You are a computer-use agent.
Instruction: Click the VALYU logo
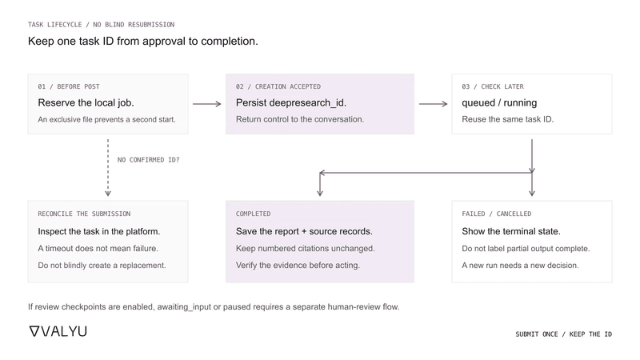click(58, 331)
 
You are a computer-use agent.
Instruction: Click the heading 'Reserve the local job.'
click(86, 103)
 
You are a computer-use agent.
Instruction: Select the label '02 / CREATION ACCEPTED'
click(278, 86)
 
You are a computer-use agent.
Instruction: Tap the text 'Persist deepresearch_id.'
click(291, 103)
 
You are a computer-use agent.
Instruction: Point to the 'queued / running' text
click(499, 103)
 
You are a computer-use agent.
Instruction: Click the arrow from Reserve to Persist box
click(207, 104)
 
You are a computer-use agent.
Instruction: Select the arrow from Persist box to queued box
click(433, 104)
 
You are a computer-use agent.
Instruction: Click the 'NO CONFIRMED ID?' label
click(148, 159)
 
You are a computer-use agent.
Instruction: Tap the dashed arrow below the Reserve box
click(108, 168)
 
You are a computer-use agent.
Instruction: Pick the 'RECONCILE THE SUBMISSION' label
click(84, 214)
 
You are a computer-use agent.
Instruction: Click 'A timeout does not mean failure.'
click(98, 248)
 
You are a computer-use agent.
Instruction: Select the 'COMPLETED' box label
click(253, 214)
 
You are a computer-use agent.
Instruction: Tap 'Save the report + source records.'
click(304, 231)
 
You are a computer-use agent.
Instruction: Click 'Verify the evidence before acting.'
click(298, 266)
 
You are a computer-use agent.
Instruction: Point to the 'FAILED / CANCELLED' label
click(496, 214)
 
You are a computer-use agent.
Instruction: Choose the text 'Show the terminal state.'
click(511, 231)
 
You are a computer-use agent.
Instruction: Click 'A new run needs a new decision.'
click(520, 266)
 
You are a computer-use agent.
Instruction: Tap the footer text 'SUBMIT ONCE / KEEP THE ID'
click(564, 334)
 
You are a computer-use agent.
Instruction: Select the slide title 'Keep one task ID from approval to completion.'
click(143, 42)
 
